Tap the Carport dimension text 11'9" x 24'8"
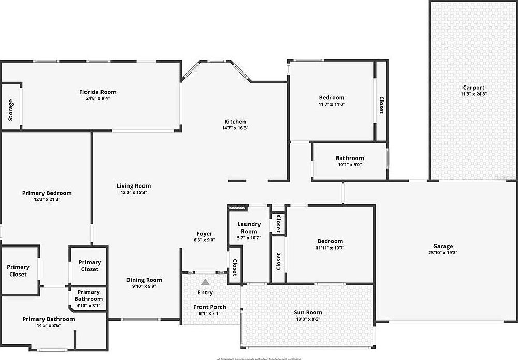(473, 94)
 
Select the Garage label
(443, 246)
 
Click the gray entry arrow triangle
(206, 283)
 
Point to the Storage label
(11, 110)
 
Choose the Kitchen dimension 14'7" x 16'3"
(235, 128)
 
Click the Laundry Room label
(249, 227)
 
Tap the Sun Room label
(308, 312)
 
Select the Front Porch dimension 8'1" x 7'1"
(209, 313)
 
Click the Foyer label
(204, 234)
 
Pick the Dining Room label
(144, 280)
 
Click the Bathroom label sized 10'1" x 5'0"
(350, 158)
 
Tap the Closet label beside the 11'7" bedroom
(381, 106)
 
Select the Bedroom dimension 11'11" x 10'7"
(330, 248)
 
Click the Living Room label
(134, 186)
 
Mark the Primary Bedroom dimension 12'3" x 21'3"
(47, 199)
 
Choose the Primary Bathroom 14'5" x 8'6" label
(49, 319)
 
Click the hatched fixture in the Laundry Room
(236, 208)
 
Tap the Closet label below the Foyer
(235, 268)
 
